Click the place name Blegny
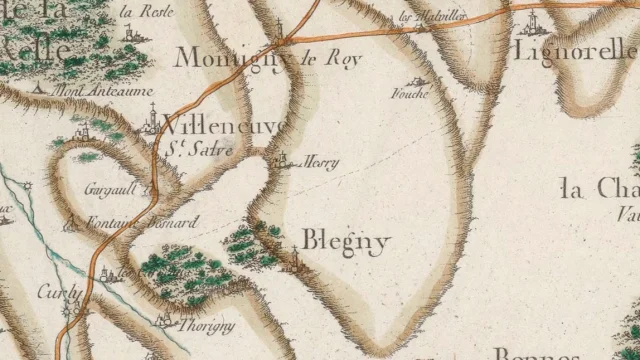click(x=344, y=242)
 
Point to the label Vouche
click(x=413, y=95)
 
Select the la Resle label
click(x=145, y=12)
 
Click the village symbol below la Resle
click(x=129, y=33)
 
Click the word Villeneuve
click(x=223, y=126)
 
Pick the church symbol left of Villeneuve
click(x=146, y=125)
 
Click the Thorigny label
click(x=206, y=325)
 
